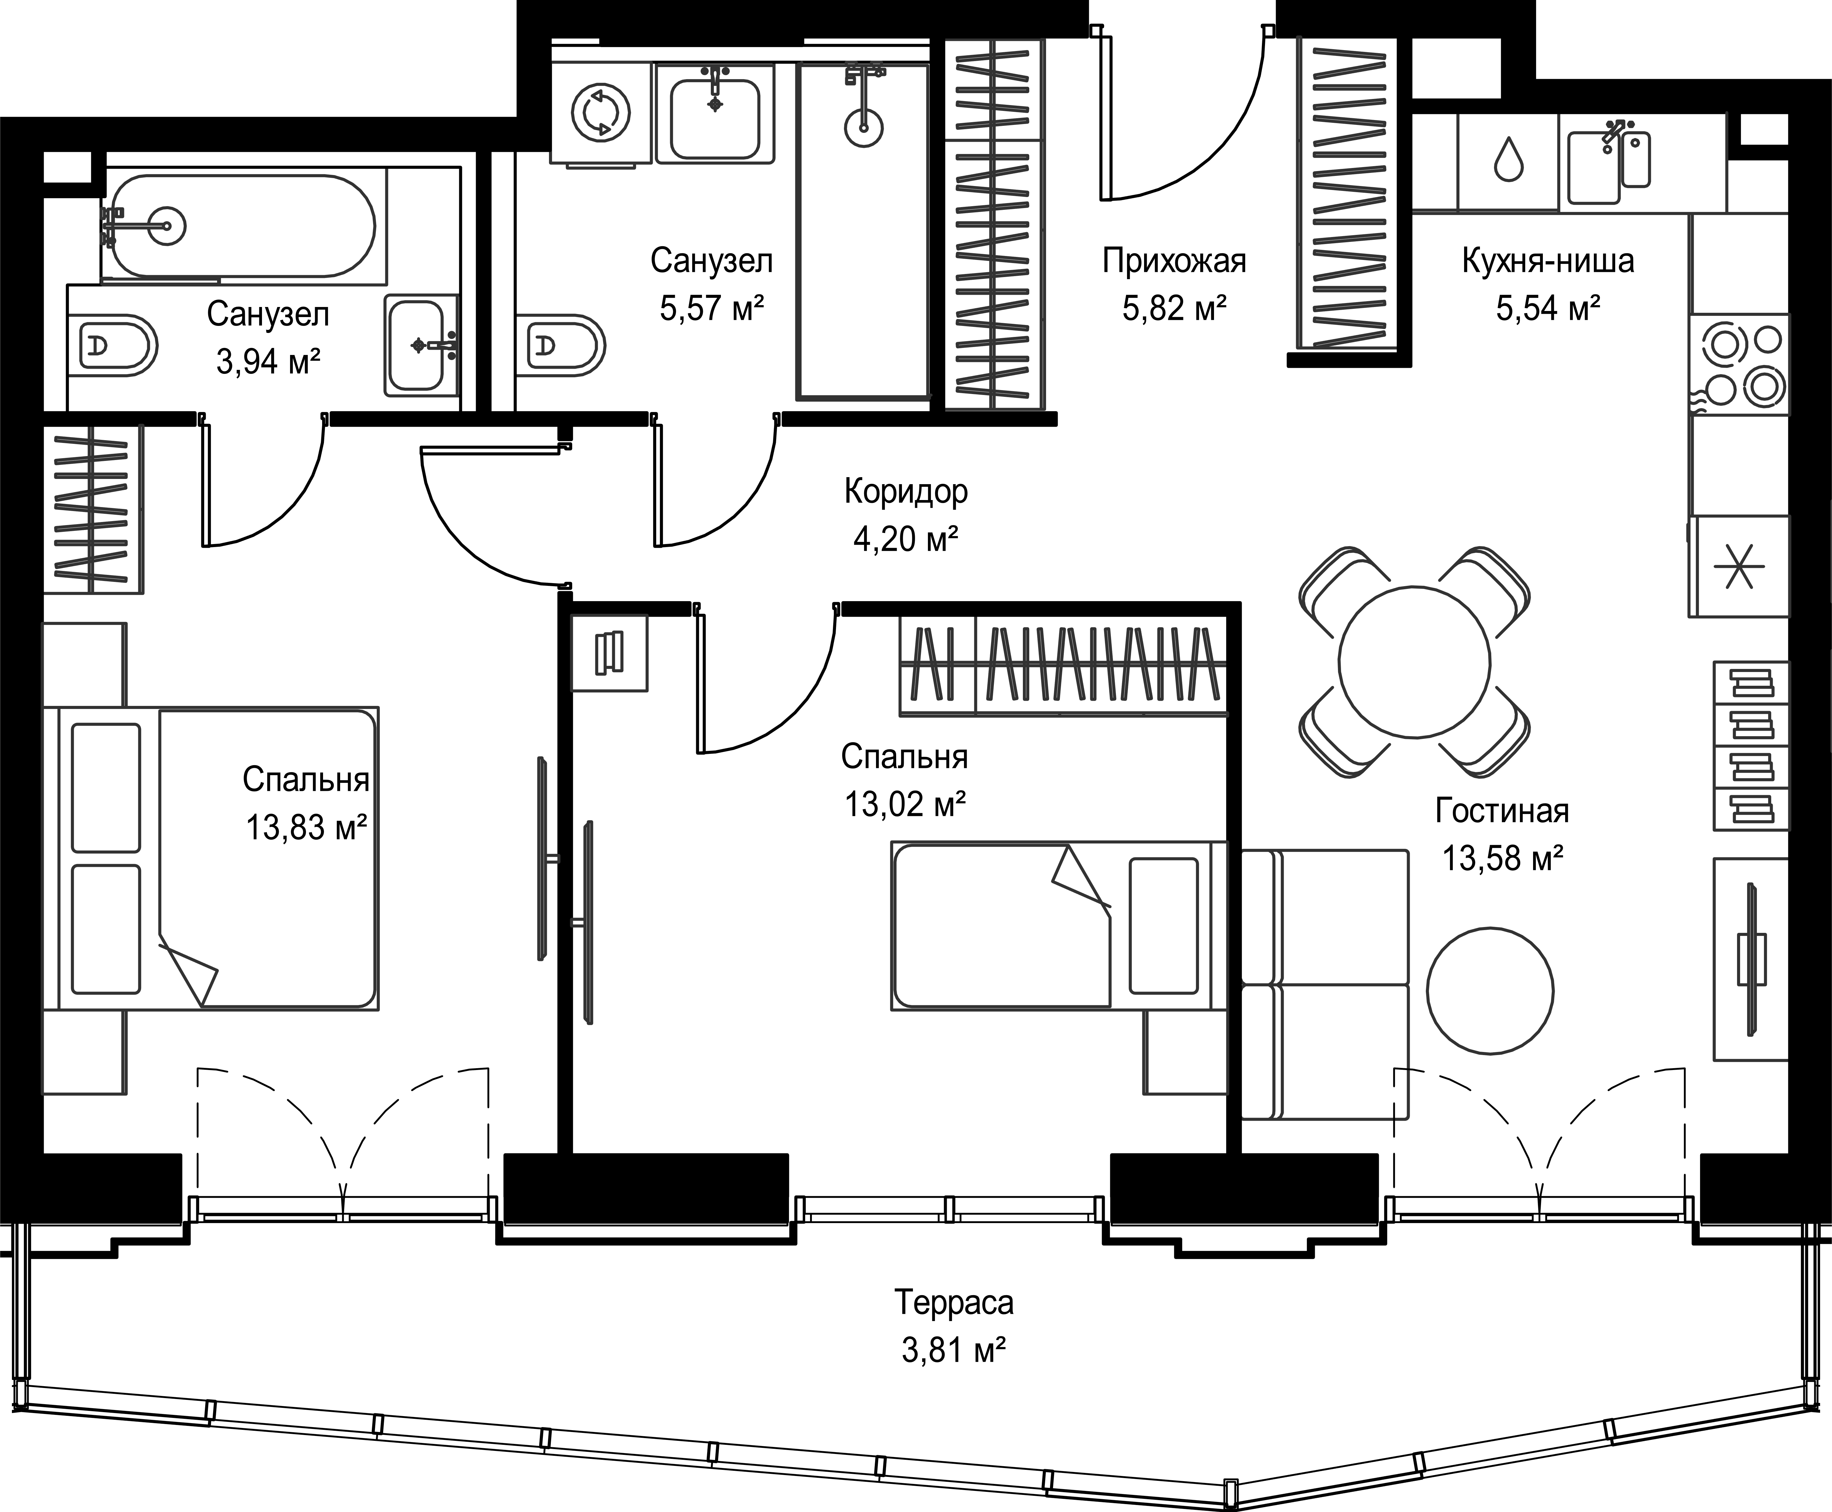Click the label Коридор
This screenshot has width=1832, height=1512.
point(906,492)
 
